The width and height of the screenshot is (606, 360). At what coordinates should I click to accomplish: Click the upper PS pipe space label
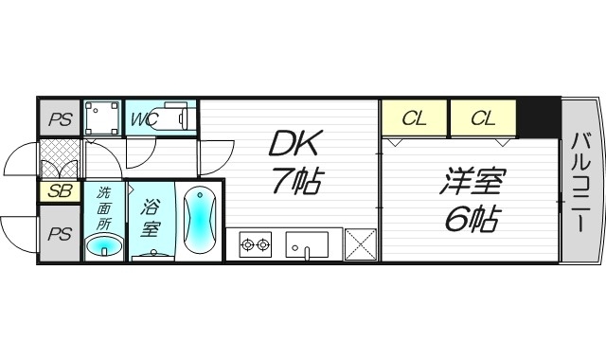pos(61,120)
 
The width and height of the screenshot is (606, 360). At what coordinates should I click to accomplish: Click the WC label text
pos(144,120)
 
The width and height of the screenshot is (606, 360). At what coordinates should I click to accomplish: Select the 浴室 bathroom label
pos(151,218)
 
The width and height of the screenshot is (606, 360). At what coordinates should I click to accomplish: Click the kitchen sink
pos(306,244)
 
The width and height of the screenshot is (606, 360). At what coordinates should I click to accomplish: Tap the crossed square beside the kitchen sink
pos(361,244)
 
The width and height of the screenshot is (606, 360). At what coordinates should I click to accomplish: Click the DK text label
pos(295,144)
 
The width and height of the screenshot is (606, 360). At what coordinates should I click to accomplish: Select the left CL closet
pos(415,119)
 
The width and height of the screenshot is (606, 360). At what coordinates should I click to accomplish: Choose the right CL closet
pos(483,119)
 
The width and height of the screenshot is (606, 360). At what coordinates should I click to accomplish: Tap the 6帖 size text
pos(471,219)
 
